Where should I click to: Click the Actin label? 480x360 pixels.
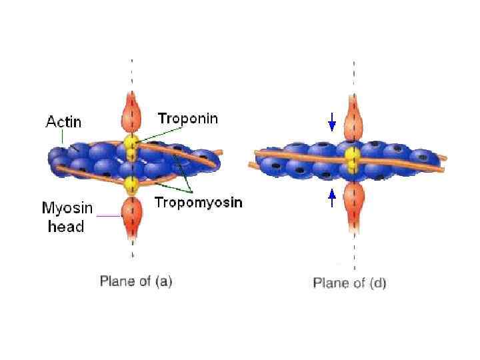pyautogui.click(x=63, y=122)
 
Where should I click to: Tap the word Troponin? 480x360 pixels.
pyautogui.click(x=187, y=119)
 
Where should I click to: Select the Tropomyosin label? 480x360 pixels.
pyautogui.click(x=198, y=203)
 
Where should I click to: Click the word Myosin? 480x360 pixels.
pyautogui.click(x=67, y=208)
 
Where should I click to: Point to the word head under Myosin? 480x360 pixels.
pyautogui.click(x=66, y=227)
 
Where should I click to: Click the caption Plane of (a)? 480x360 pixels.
pyautogui.click(x=136, y=281)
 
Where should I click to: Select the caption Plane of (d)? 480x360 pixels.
pyautogui.click(x=349, y=283)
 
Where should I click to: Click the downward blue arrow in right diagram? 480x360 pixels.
pyautogui.click(x=332, y=122)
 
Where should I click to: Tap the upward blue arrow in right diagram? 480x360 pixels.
pyautogui.click(x=332, y=199)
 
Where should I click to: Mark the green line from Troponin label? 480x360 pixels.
pyautogui.click(x=160, y=134)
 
